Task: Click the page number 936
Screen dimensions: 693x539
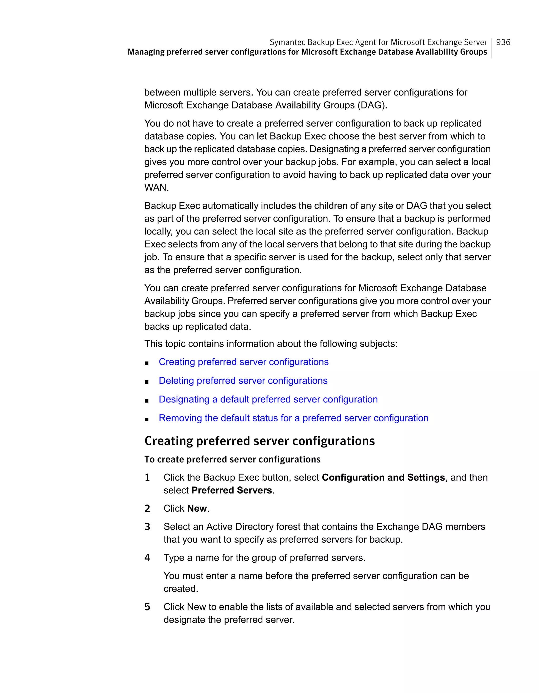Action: (503, 42)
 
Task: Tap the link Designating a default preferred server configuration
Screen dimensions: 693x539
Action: (268, 399)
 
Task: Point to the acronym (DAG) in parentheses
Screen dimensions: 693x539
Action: (372, 105)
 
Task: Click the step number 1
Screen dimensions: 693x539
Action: (147, 477)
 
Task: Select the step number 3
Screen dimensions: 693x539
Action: (147, 527)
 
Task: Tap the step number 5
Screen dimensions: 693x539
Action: (147, 607)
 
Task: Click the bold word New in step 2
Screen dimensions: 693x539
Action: (197, 508)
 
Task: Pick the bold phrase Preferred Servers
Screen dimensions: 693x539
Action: (232, 490)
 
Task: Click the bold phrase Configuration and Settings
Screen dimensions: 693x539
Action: (383, 477)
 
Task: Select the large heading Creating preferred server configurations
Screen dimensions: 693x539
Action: (259, 441)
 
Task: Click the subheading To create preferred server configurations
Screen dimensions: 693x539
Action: (232, 460)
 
